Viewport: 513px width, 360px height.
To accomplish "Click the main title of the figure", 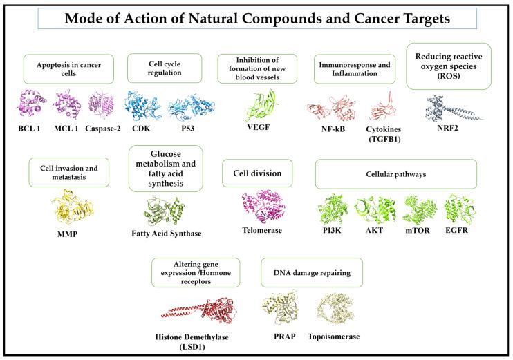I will click(x=256, y=19).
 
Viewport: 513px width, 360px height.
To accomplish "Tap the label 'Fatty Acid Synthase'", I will click(x=167, y=234).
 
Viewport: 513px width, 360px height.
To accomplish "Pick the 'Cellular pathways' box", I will click(x=396, y=173).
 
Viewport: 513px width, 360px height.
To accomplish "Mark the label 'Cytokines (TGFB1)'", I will click(x=384, y=135).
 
